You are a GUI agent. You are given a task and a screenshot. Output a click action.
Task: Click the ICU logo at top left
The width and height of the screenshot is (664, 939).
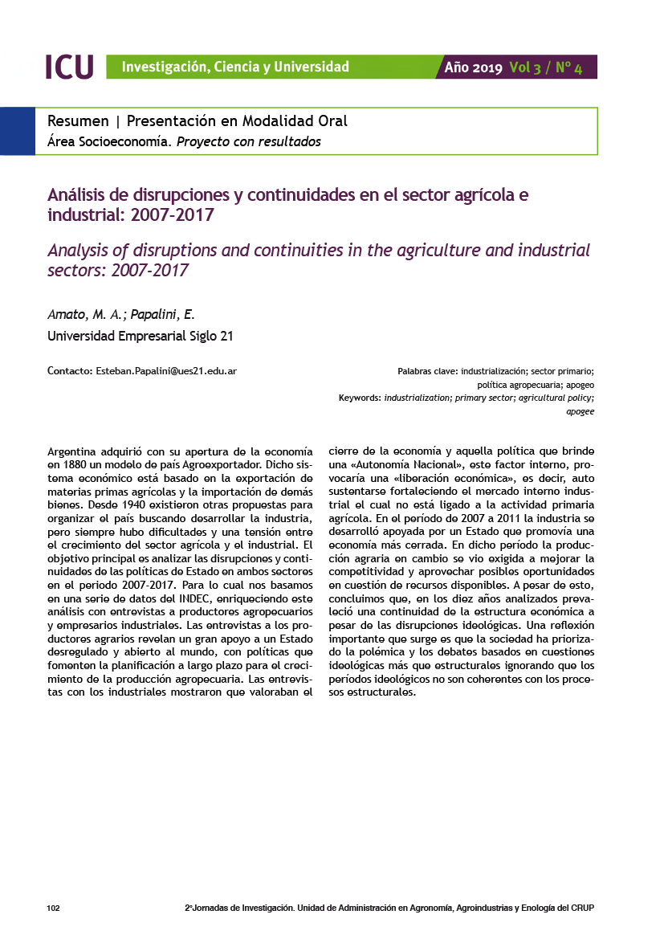[69, 67]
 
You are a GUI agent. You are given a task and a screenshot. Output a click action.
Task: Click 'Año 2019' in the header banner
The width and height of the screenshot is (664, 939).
[474, 67]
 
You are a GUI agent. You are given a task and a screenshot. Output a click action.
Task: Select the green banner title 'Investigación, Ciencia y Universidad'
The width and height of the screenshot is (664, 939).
[235, 67]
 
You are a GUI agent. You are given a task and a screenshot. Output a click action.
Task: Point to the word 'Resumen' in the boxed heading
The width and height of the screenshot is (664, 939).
[78, 121]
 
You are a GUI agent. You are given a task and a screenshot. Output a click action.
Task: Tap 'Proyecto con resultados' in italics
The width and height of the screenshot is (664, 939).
[249, 142]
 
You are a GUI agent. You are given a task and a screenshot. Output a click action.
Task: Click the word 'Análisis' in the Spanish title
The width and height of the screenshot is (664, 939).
[79, 194]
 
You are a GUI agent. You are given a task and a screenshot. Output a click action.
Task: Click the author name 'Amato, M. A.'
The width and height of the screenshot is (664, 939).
[80, 314]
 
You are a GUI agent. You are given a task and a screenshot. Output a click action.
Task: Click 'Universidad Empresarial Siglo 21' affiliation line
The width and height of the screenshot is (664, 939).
[141, 336]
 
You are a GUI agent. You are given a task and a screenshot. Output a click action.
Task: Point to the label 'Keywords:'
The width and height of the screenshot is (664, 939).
[360, 398]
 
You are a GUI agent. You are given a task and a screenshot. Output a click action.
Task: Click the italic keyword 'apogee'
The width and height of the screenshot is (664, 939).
[580, 411]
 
